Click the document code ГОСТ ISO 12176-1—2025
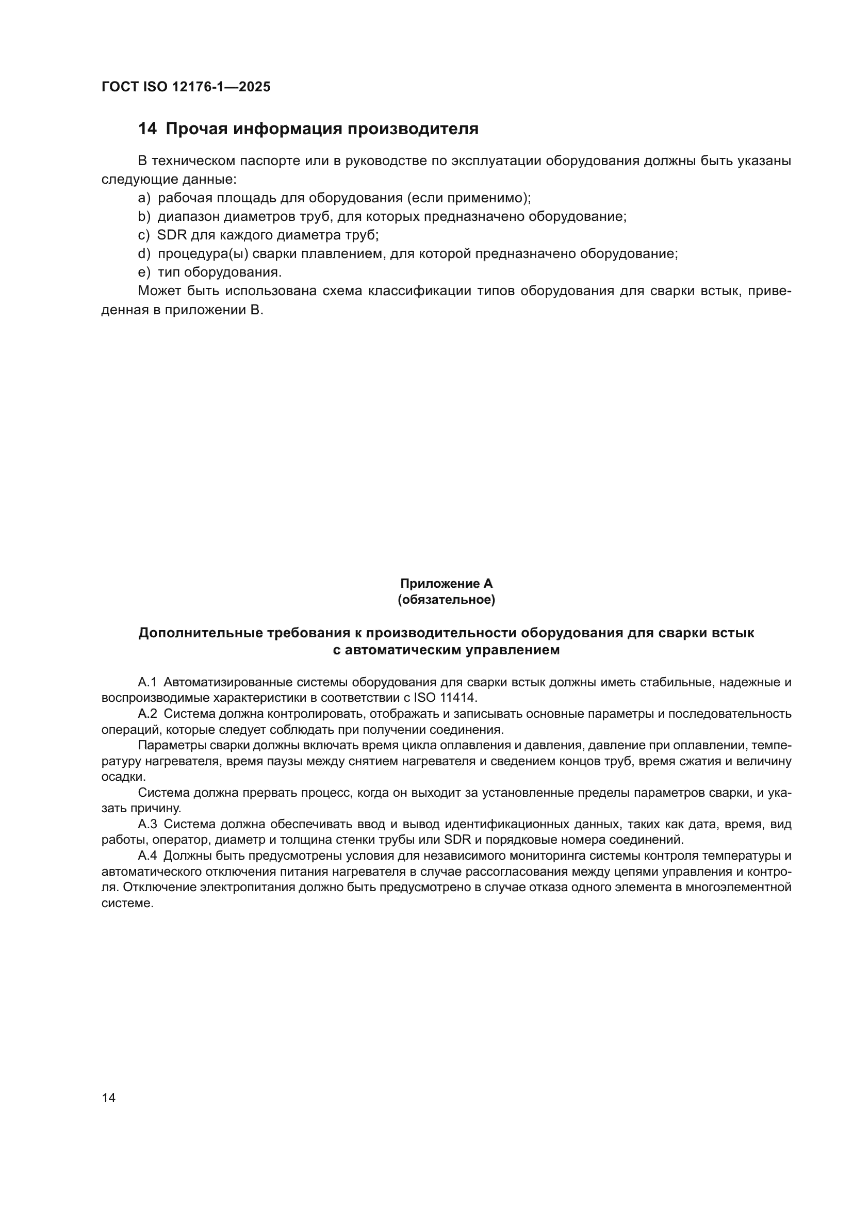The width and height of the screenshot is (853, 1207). [186, 87]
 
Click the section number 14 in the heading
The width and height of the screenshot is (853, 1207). [147, 129]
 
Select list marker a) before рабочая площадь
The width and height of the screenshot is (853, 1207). [144, 198]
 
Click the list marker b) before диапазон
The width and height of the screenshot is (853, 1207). [144, 217]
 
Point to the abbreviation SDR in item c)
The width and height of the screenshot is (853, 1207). [172, 235]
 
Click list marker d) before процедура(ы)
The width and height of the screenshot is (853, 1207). [144, 254]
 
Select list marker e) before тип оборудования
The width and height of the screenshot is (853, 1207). [144, 272]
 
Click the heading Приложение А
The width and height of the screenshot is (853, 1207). [446, 584]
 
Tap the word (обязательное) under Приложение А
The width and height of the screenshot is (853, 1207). [446, 600]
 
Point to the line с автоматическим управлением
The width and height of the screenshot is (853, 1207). [446, 650]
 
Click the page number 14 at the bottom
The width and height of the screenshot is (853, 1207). [109, 1098]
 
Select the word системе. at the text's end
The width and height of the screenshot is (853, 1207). [127, 903]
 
